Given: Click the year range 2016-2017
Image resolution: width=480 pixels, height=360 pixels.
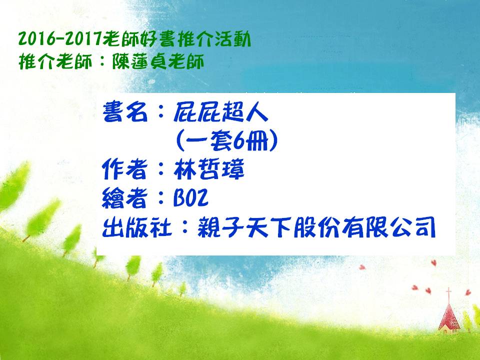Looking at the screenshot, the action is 60,39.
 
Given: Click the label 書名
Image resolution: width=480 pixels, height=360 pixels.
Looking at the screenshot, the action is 125,112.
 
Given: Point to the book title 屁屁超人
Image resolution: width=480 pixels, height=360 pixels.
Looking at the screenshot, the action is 220,112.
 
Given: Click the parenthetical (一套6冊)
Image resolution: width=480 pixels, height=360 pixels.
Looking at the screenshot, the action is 227,140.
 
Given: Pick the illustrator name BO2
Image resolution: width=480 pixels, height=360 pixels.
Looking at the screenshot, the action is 191,197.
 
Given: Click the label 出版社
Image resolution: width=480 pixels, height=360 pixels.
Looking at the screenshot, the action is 136,227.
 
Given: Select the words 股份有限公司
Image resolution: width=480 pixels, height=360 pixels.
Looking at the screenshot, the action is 364,227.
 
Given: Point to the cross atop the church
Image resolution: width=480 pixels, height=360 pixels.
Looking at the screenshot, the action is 449,294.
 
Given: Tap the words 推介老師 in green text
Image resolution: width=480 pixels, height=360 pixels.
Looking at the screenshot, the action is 55,61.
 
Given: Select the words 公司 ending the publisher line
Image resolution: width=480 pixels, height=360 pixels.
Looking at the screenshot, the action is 413,227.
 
